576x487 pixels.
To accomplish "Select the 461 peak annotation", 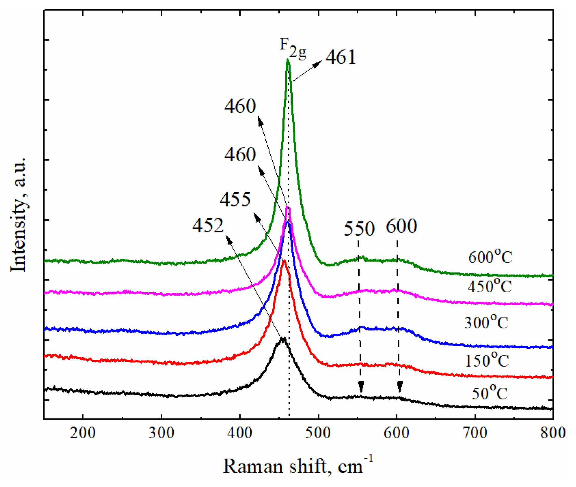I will point(341,57).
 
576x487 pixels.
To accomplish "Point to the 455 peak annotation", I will point(235,199).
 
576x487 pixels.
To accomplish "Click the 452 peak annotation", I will point(208,225).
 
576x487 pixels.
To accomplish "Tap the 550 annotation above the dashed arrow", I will point(359,228).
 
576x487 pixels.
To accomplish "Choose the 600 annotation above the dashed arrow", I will point(401,226).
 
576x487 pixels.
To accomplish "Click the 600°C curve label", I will point(490,256).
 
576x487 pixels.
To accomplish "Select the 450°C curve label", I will point(489,286).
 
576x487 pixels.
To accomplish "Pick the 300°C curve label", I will point(486,322).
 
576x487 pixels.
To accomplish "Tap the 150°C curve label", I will point(487,360).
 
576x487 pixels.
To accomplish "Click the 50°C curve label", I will point(490,392).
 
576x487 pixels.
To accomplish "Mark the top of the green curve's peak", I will point(288,60).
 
